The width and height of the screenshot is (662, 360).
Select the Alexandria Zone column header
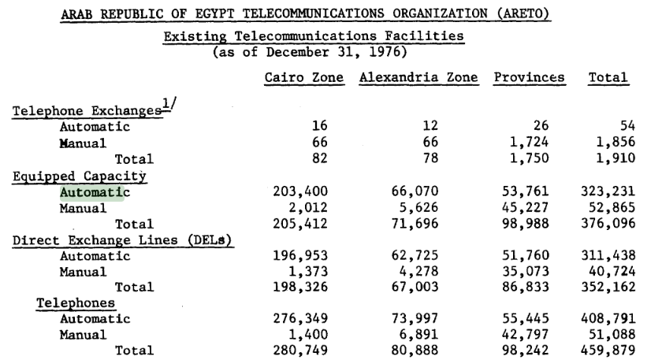point(420,78)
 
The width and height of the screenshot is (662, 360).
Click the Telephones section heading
point(76,302)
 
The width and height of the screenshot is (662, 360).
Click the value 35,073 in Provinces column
point(523,272)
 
